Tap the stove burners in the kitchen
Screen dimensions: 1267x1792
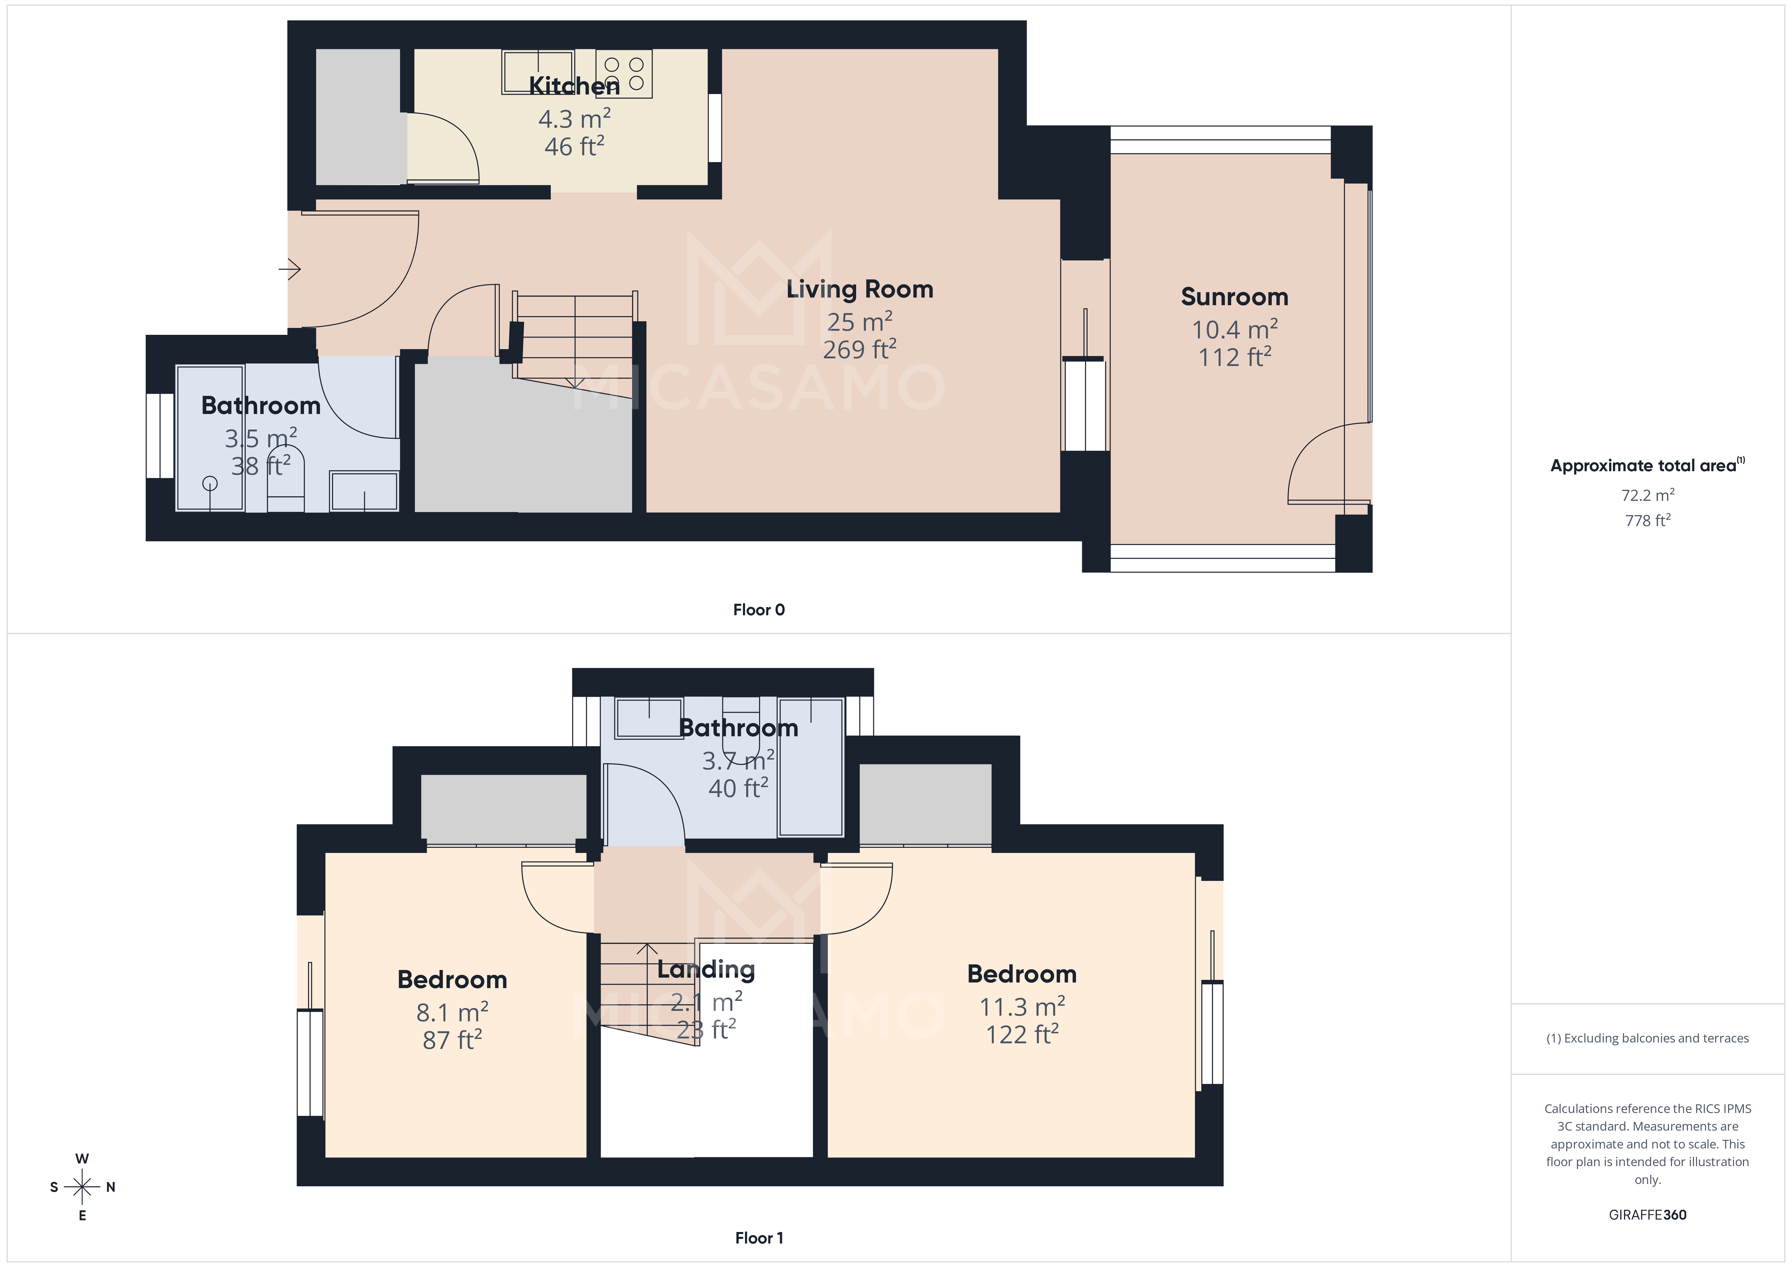pyautogui.click(x=624, y=73)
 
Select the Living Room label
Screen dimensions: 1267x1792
pyautogui.click(x=859, y=290)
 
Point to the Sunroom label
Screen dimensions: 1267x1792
pyautogui.click(x=1234, y=298)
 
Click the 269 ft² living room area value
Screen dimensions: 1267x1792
pyautogui.click(x=859, y=350)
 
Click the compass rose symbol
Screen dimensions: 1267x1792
pyautogui.click(x=82, y=1187)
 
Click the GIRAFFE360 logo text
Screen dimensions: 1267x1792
pyautogui.click(x=1647, y=1215)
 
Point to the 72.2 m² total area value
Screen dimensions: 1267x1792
pyautogui.click(x=1647, y=495)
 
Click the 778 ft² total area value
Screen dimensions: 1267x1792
pyautogui.click(x=1647, y=520)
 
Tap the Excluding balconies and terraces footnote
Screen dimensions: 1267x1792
pyautogui.click(x=1647, y=1038)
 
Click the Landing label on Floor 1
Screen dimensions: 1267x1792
pyautogui.click(x=705, y=969)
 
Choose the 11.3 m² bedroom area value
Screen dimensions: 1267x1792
pyautogui.click(x=1022, y=1007)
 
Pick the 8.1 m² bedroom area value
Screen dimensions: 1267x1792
pyautogui.click(x=452, y=1013)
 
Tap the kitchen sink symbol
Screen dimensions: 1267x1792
pyautogui.click(x=538, y=72)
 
